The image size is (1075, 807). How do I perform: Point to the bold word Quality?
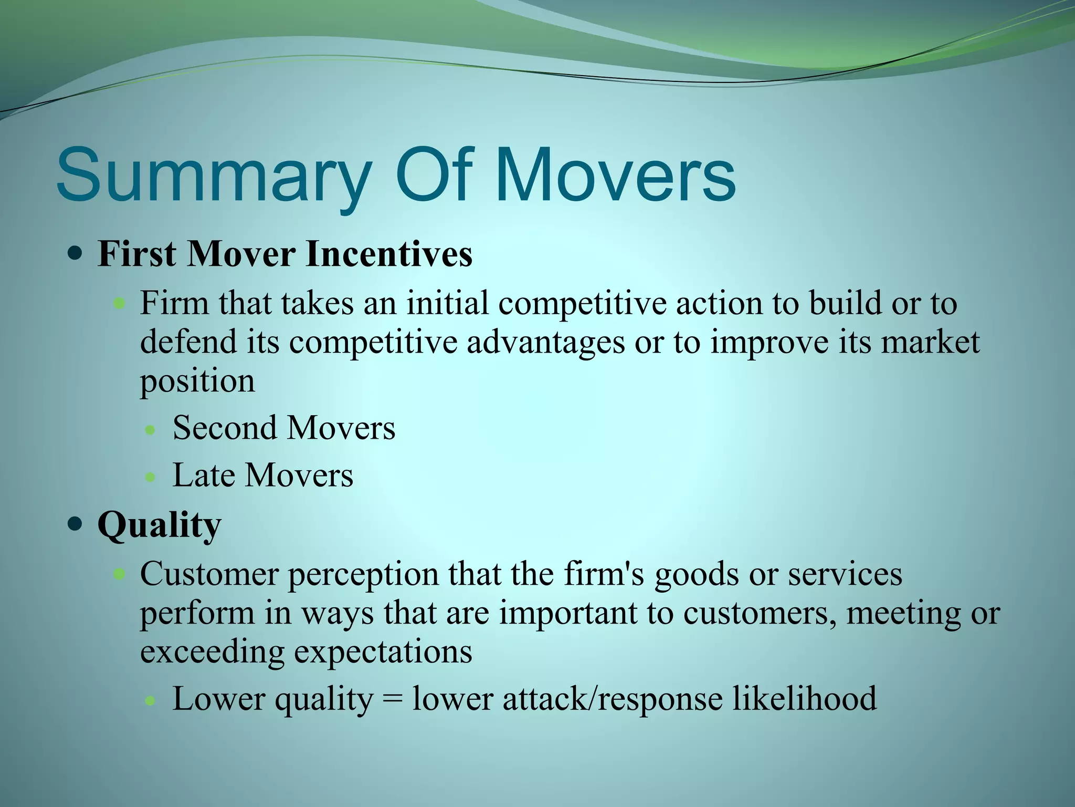click(x=159, y=525)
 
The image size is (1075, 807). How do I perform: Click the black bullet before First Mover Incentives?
click(x=76, y=255)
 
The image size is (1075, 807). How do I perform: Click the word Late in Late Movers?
click(x=203, y=475)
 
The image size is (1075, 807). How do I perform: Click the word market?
click(x=930, y=343)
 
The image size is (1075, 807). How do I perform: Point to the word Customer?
click(x=208, y=574)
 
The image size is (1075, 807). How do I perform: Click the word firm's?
click(x=604, y=574)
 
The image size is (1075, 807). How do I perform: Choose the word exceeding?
click(x=212, y=652)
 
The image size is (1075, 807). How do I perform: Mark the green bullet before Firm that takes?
click(x=120, y=304)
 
